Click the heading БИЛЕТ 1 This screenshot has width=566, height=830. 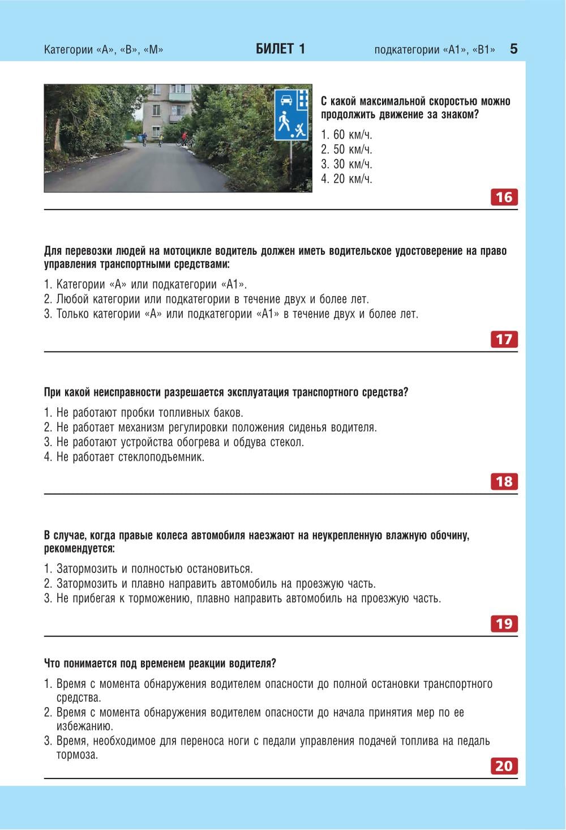[x=280, y=49]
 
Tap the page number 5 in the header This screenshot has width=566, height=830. [x=513, y=49]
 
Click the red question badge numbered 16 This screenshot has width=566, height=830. [x=504, y=197]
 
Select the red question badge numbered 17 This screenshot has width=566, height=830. [x=504, y=339]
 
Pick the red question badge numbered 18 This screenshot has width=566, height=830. [x=504, y=481]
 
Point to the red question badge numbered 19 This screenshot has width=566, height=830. [x=504, y=623]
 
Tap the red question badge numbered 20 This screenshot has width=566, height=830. [x=504, y=765]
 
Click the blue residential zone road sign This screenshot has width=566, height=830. [x=291, y=114]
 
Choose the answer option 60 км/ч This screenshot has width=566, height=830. [x=346, y=135]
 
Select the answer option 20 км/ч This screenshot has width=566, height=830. [x=346, y=179]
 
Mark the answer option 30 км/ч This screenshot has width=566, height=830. [x=346, y=164]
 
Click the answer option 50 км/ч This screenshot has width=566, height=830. [x=346, y=149]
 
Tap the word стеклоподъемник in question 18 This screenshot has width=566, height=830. [x=161, y=457]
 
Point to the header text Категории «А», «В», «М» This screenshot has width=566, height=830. [x=104, y=50]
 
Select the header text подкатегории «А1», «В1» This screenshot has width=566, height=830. [x=434, y=50]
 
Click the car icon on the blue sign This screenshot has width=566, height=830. [x=286, y=100]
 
